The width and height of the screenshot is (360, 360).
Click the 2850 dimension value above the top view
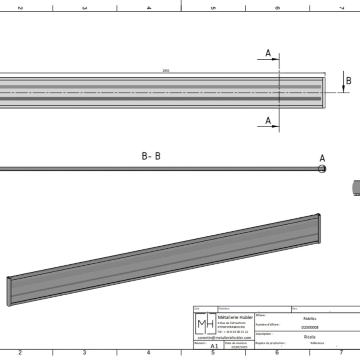pos(166,71)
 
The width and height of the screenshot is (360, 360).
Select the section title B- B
pos(151,156)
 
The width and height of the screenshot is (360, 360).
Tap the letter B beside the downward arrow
pos(348,81)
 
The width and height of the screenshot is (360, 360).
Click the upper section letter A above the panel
pos(268,53)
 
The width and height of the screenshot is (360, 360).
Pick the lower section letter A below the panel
pos(268,120)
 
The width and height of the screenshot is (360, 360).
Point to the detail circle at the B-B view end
pos(322,169)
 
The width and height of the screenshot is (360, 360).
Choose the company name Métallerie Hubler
pos(235,317)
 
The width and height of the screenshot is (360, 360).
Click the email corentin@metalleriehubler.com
pos(224,337)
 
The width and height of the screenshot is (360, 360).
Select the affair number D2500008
pos(310,327)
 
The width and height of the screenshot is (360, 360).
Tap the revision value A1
pos(214,346)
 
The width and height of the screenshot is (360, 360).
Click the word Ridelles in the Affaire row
pos(310,318)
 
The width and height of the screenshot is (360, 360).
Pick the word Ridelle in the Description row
pos(310,337)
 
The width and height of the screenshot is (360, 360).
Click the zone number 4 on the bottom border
pos(148,352)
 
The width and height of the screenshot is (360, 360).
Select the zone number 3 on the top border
pos(84,8)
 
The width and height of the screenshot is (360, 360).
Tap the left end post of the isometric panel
pos(9,291)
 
